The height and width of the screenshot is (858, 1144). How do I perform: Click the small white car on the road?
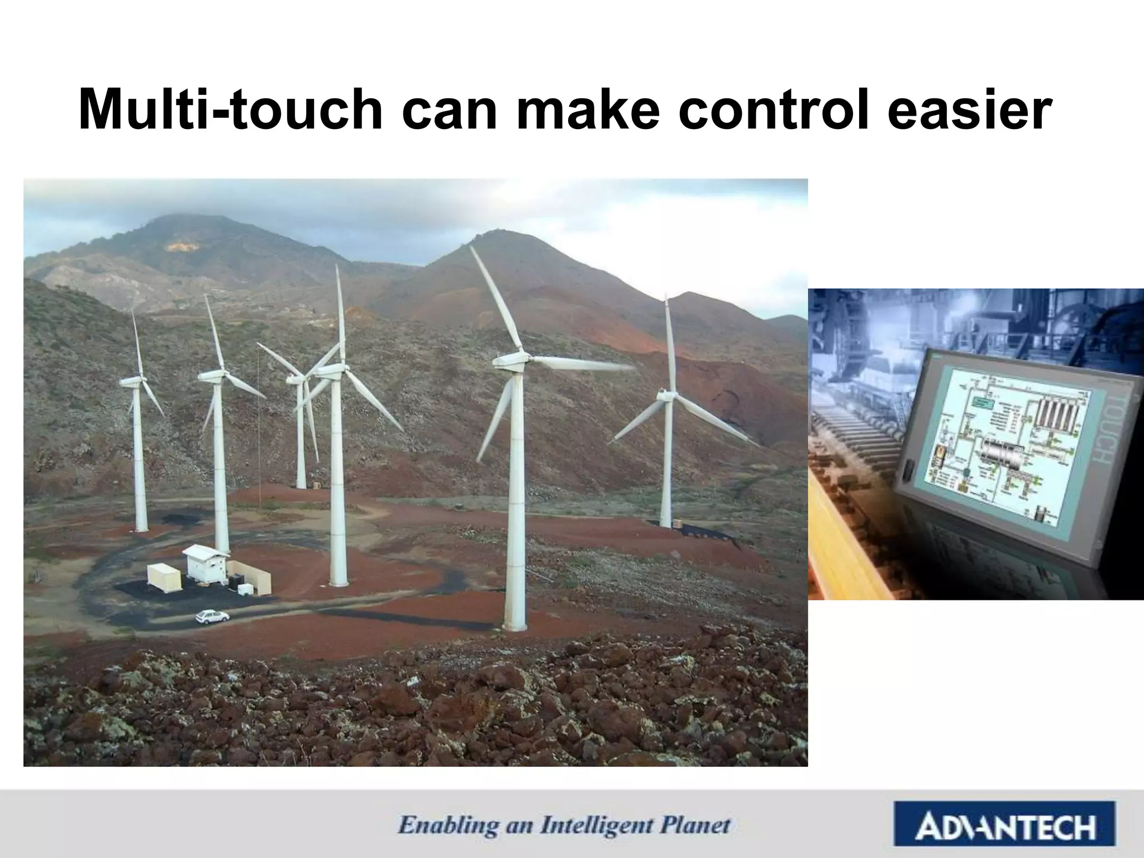click(212, 616)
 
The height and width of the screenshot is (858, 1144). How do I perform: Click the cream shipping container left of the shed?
click(164, 577)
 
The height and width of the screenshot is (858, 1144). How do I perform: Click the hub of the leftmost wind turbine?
click(133, 382)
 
